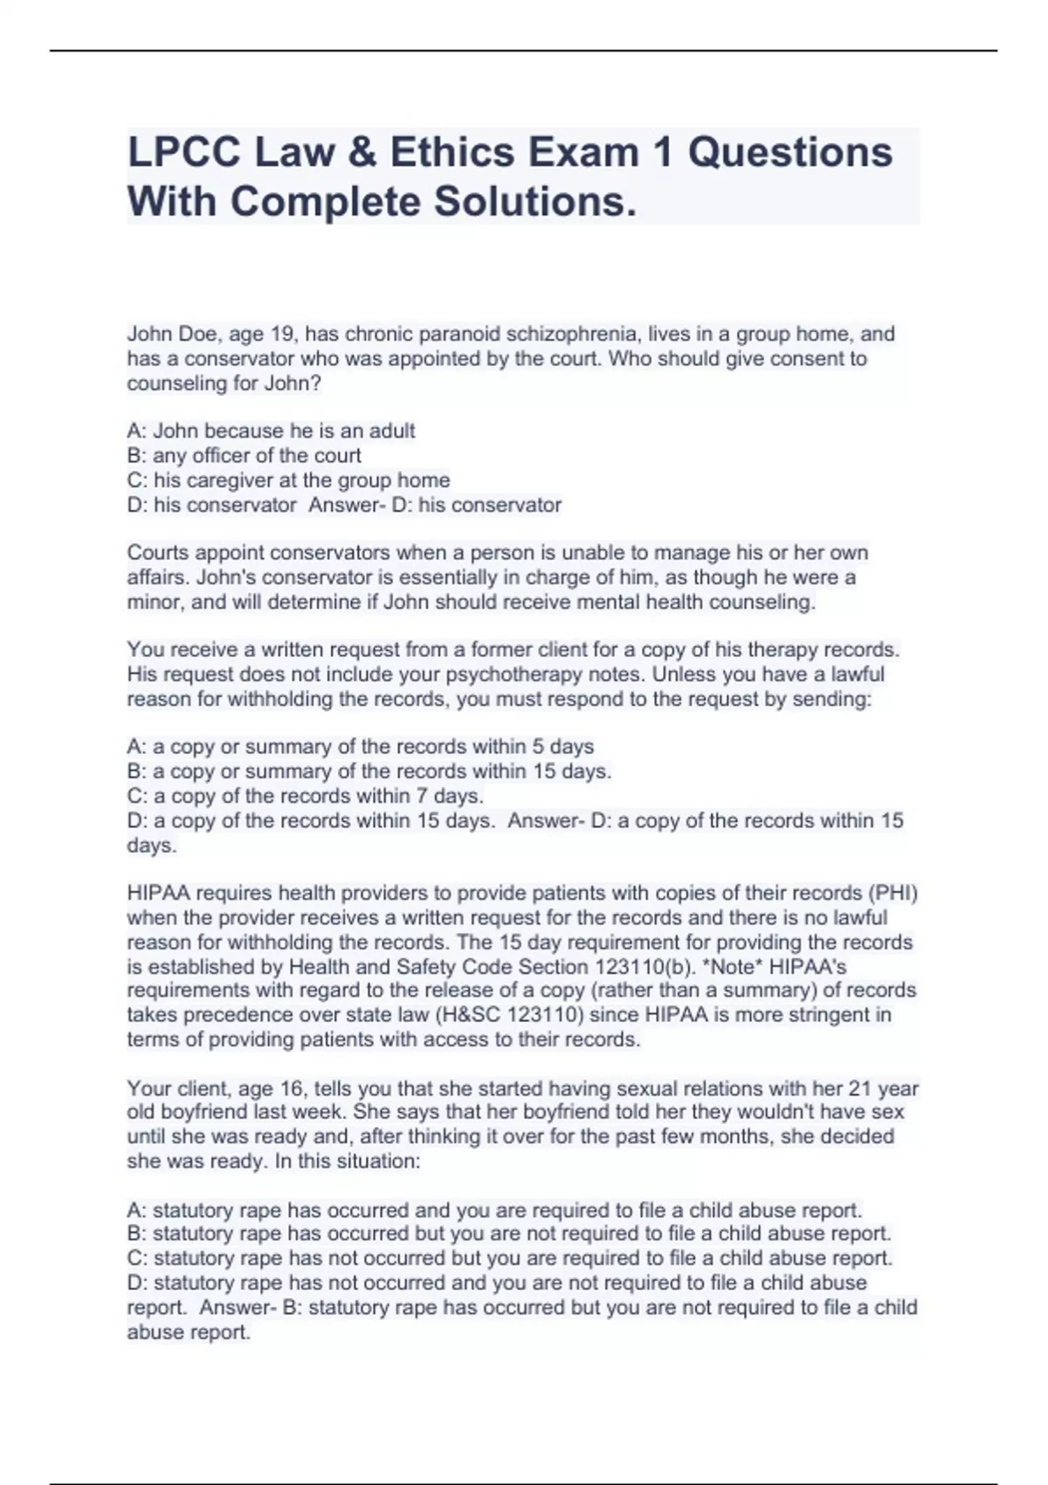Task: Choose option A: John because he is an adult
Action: pyautogui.click(x=271, y=431)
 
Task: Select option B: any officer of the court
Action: pyautogui.click(x=244, y=455)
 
